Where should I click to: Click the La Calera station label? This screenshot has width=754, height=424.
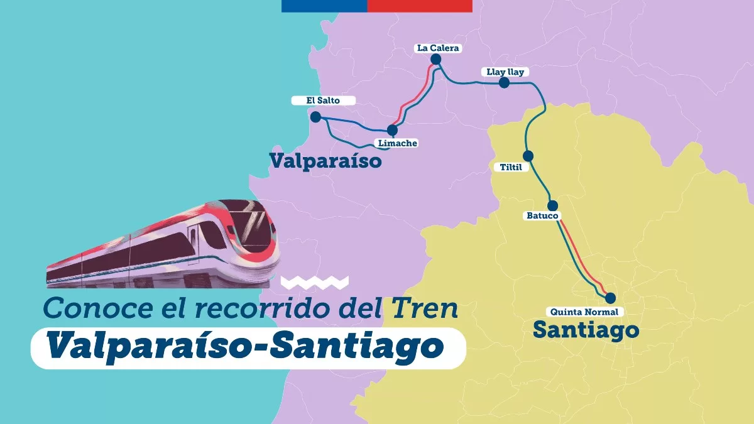pyautogui.click(x=439, y=48)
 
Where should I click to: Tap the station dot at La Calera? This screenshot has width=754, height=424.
pyautogui.click(x=436, y=60)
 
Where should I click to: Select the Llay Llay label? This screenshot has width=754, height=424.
pyautogui.click(x=505, y=72)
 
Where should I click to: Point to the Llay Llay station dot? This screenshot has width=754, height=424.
pyautogui.click(x=504, y=83)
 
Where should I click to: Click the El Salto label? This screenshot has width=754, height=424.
pyautogui.click(x=323, y=101)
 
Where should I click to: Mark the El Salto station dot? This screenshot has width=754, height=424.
pyautogui.click(x=315, y=117)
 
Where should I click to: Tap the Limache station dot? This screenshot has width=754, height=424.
pyautogui.click(x=392, y=130)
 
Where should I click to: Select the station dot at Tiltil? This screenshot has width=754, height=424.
pyautogui.click(x=528, y=156)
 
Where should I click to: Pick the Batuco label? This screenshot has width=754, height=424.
pyautogui.click(x=542, y=216)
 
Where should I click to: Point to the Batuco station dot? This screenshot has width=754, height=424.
pyautogui.click(x=553, y=205)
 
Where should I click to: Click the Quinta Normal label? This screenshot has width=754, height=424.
pyautogui.click(x=584, y=312)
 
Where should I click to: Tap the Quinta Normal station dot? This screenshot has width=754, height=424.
pyautogui.click(x=609, y=298)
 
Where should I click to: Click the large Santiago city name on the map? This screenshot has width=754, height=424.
pyautogui.click(x=586, y=329)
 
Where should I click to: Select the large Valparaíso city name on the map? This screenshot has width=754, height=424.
pyautogui.click(x=325, y=161)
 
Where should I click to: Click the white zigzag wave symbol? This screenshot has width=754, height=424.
pyautogui.click(x=314, y=282)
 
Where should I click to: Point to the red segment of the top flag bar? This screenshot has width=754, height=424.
pyautogui.click(x=420, y=6)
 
